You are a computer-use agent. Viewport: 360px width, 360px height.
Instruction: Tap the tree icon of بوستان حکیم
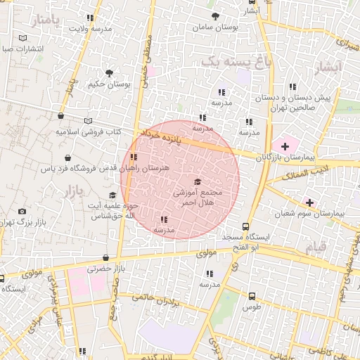(x=109, y=72)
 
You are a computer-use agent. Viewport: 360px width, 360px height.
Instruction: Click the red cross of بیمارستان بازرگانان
(x=284, y=145)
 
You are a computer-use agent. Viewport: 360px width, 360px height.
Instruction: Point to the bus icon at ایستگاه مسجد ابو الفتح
(x=245, y=226)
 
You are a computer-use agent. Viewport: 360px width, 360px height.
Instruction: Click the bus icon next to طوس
(x=252, y=296)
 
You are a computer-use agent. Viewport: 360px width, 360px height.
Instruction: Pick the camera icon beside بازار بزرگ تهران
(x=22, y=211)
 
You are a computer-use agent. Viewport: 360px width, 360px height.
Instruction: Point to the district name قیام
(x=314, y=247)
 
